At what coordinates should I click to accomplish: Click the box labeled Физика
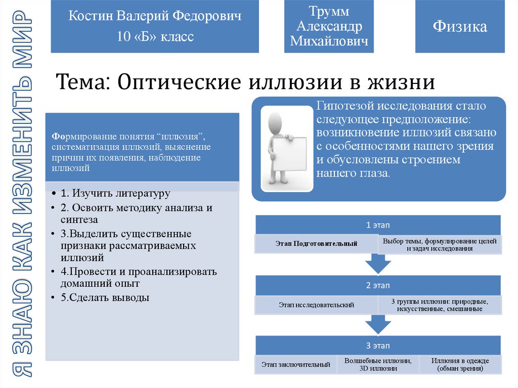[460, 27]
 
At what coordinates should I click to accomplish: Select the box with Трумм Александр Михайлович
[329, 27]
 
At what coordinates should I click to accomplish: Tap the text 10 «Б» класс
[155, 36]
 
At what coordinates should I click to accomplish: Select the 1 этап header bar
[378, 225]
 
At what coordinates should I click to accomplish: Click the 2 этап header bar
[378, 285]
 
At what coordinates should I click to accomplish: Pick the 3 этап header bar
[378, 346]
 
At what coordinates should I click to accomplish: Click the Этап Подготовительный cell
[317, 244]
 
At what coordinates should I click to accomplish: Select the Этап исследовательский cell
[317, 305]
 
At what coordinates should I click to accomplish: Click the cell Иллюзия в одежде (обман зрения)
[460, 365]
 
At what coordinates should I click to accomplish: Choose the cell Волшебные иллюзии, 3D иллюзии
[378, 365]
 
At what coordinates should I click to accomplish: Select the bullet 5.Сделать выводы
[105, 297]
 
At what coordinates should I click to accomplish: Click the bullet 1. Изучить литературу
[115, 193]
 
